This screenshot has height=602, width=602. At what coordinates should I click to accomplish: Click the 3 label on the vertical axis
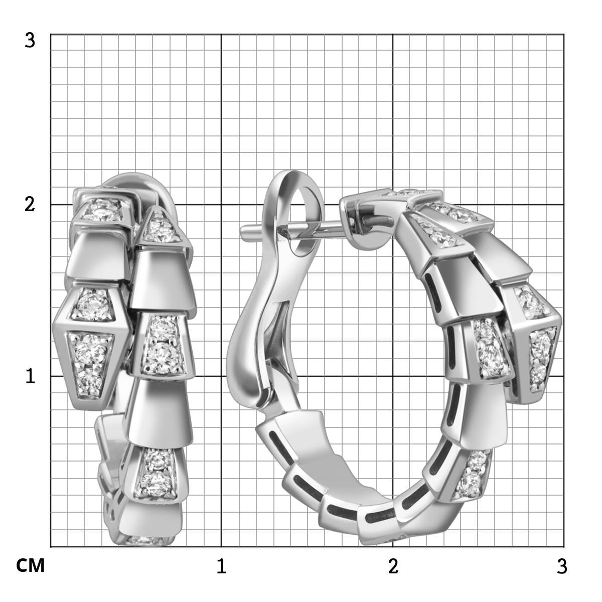coord(30,41)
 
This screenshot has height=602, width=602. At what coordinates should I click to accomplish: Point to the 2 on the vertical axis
coord(30,205)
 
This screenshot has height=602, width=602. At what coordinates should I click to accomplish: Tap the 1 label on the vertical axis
coord(30,376)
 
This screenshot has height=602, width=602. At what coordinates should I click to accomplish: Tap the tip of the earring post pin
coord(241,232)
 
